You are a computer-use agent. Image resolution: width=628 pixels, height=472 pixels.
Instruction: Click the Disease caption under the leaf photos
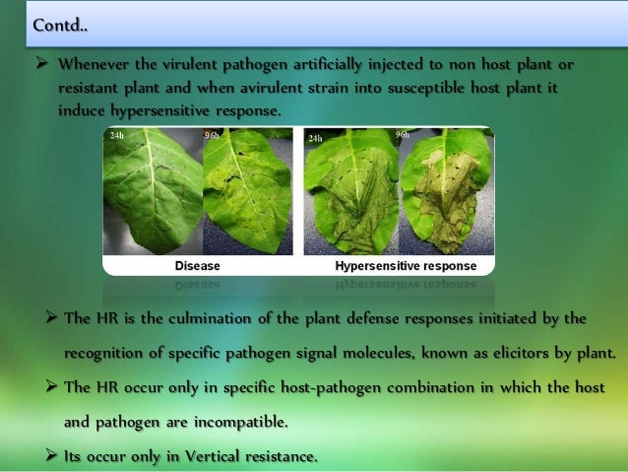pos(197,266)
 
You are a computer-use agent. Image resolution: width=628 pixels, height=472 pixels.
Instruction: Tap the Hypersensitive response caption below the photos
pos(406,266)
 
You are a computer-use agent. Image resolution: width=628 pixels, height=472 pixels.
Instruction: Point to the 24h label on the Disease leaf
pos(116,136)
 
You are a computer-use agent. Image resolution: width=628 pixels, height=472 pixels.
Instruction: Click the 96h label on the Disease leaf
pos(212,136)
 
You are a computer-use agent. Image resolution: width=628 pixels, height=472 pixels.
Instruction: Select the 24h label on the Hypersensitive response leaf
pos(315,139)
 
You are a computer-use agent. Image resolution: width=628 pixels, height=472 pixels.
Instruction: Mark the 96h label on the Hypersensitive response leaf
pos(402,134)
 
